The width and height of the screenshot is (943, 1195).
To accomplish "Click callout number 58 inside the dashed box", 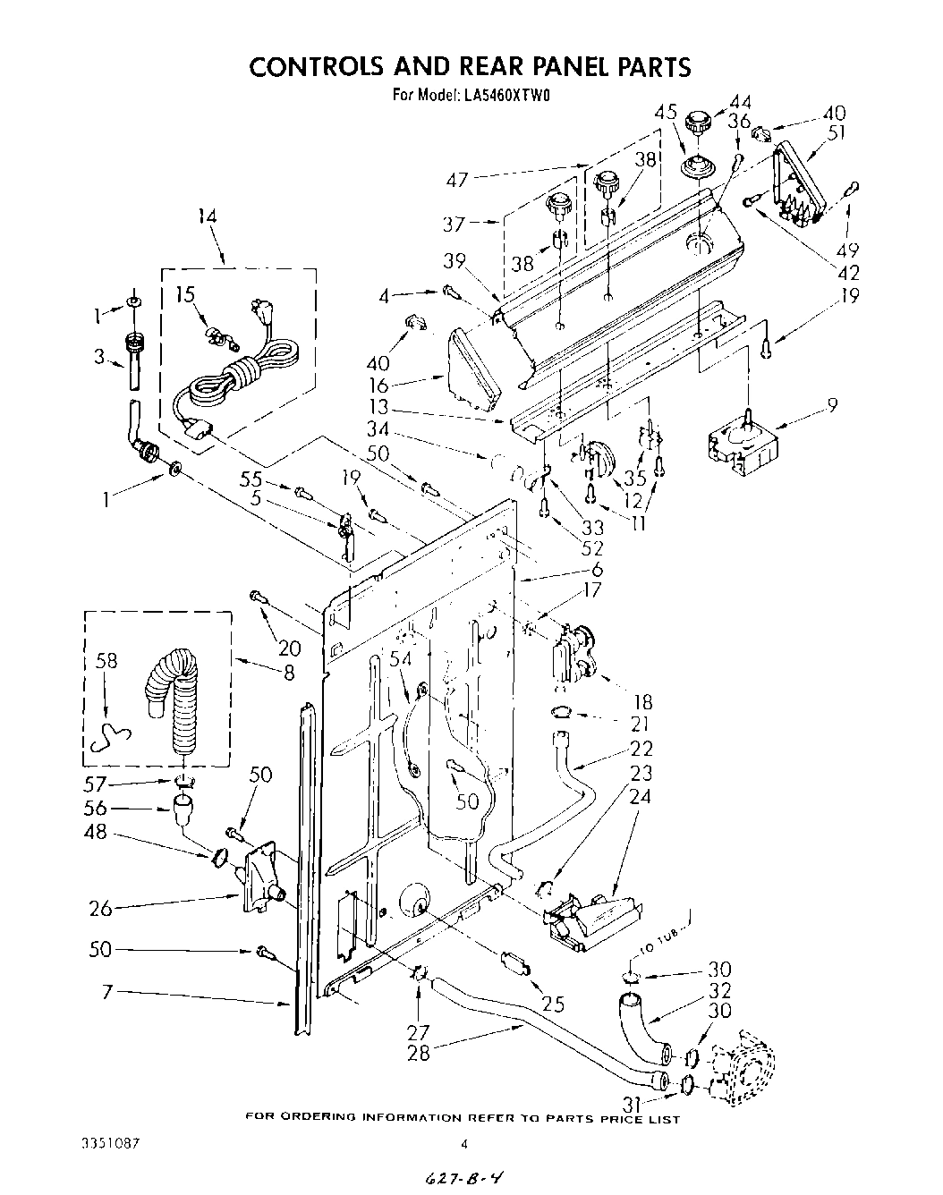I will (106, 661).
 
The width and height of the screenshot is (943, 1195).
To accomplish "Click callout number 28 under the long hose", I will (419, 1053).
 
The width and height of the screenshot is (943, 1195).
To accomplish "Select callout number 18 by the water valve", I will (642, 703).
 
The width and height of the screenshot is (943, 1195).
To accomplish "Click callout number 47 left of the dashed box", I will (457, 180).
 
